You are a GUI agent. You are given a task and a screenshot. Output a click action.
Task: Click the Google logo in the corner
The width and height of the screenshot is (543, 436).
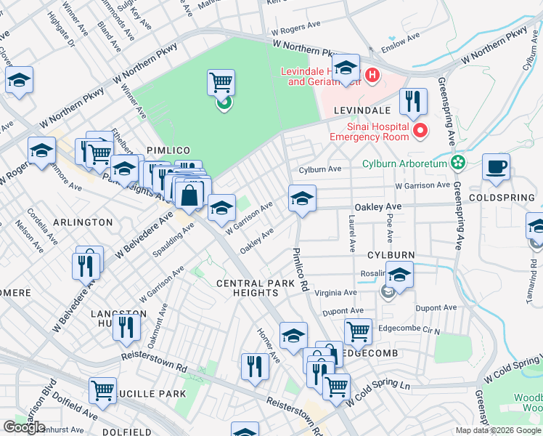[x=24, y=427]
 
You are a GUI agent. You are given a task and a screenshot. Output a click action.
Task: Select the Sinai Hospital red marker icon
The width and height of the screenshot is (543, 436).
[x=420, y=131]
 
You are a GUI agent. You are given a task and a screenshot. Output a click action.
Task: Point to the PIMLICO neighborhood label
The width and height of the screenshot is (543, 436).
[x=168, y=150]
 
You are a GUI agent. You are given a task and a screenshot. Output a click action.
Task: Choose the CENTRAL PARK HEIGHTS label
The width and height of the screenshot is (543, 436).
[x=245, y=288]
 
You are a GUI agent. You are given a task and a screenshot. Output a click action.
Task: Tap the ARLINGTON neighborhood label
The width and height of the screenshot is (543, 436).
[x=83, y=222]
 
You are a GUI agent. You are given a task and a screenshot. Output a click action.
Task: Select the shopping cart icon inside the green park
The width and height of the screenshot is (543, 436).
[x=221, y=82]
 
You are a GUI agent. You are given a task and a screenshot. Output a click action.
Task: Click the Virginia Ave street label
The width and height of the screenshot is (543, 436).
[x=335, y=293]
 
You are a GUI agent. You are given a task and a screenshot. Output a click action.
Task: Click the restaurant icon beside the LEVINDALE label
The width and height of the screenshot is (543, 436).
[x=413, y=102]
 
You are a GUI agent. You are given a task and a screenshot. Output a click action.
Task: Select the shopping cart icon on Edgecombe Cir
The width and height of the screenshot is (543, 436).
[x=358, y=332]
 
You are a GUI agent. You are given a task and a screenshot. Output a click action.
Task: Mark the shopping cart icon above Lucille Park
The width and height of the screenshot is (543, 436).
[x=103, y=389]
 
